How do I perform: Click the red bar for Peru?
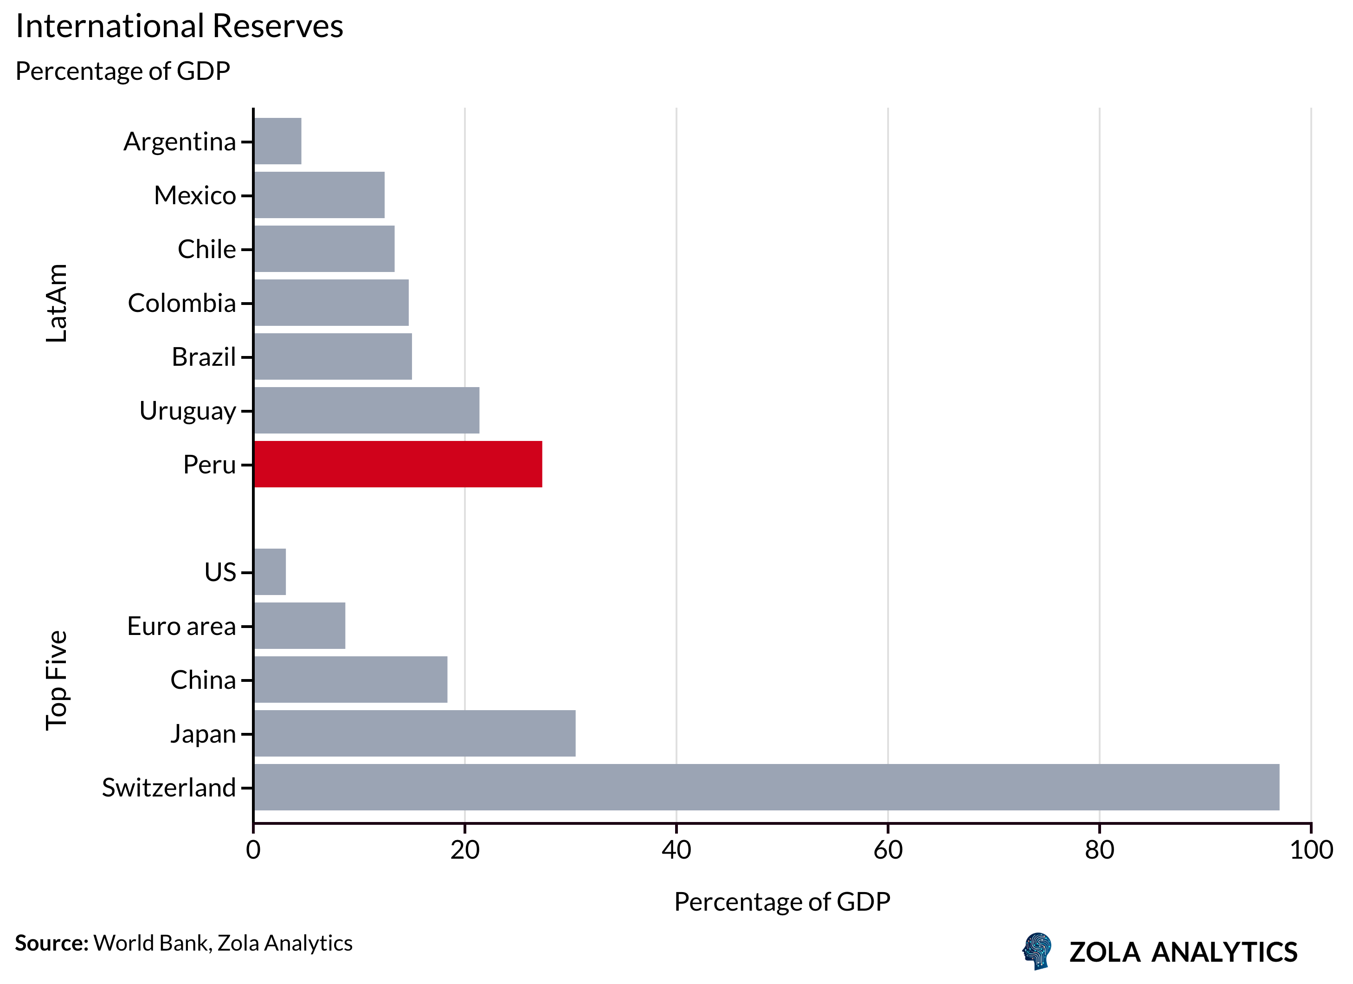[398, 464]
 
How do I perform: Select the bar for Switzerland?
[766, 787]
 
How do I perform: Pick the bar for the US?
[270, 572]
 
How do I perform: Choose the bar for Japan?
[415, 733]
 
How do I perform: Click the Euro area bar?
[299, 625]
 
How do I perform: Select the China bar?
[351, 680]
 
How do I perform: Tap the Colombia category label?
[181, 303]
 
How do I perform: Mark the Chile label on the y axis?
[206, 249]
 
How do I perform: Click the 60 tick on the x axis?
[888, 850]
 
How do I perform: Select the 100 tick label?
[1311, 850]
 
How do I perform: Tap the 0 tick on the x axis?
[253, 850]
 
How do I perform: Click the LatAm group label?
[57, 303]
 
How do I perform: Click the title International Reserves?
[179, 26]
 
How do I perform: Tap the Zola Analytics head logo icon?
[1037, 951]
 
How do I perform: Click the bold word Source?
[52, 943]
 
